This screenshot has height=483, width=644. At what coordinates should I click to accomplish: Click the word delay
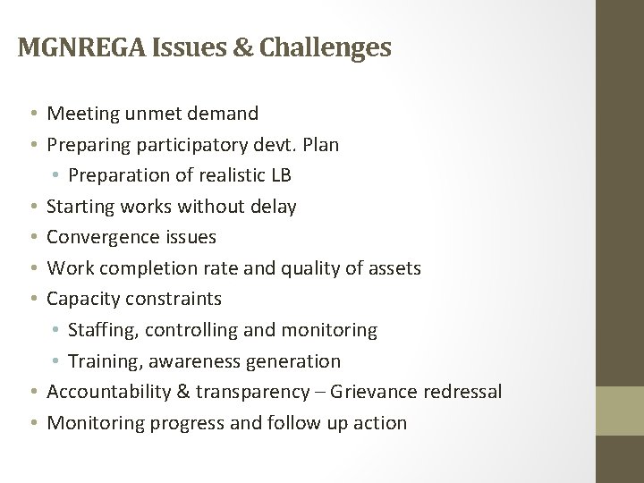[274, 207]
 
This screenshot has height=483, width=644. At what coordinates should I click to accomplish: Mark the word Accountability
[110, 392]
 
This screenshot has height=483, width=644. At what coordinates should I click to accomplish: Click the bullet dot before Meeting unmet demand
[32, 114]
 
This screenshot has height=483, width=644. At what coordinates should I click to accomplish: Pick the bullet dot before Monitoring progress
[32, 423]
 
